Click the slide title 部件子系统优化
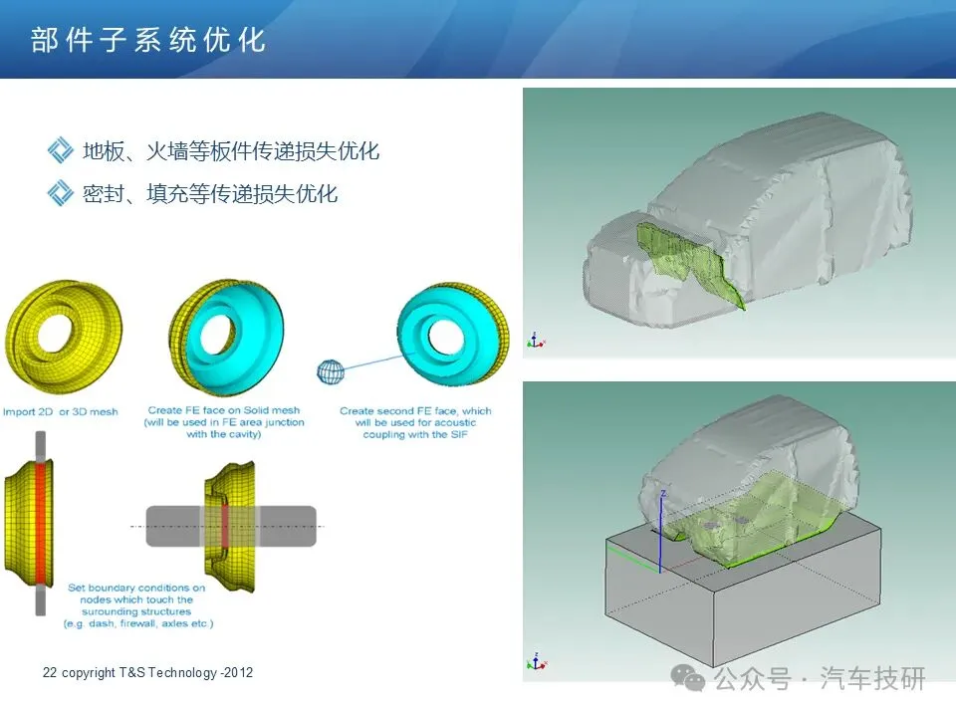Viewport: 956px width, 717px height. point(148,40)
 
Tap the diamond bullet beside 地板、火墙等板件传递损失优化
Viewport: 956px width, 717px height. point(61,150)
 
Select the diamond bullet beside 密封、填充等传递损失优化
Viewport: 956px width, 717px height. point(61,193)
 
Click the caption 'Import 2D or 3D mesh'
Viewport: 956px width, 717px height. point(61,411)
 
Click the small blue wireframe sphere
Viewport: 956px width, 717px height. point(331,371)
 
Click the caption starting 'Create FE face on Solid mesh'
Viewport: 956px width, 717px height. point(224,422)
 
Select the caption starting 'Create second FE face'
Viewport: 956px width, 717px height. point(415,422)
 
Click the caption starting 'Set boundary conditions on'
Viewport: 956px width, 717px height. point(137,605)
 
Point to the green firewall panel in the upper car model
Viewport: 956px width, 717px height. point(689,259)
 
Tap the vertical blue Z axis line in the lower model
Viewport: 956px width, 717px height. point(660,532)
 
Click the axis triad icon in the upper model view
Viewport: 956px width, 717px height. point(536,341)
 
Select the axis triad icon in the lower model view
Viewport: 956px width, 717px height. point(536,661)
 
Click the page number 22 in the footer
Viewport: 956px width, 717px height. point(50,672)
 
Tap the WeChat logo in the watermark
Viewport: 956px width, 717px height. point(688,678)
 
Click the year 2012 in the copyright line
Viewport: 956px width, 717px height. point(238,672)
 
